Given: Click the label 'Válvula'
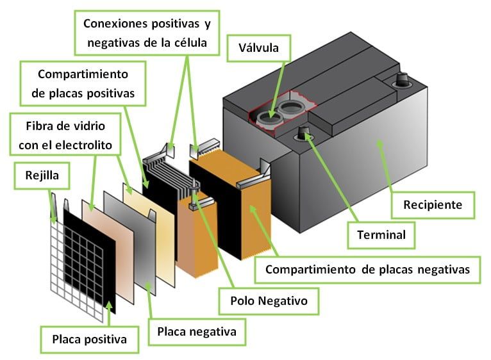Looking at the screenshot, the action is pos(259,48).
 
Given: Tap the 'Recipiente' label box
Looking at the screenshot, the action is pos(433,205).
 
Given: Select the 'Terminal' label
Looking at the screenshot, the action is pos(381,235).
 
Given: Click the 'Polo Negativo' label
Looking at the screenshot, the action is pos(269,301).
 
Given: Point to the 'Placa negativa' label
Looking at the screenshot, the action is pos(197,332).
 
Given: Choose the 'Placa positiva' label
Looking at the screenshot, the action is pos(89,340).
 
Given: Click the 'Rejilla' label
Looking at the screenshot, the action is pos(42,176).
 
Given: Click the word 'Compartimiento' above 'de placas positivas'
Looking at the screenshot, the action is pos(83,74).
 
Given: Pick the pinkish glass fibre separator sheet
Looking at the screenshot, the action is pos(108,251).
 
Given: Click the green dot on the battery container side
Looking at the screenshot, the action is pos(379,143).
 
